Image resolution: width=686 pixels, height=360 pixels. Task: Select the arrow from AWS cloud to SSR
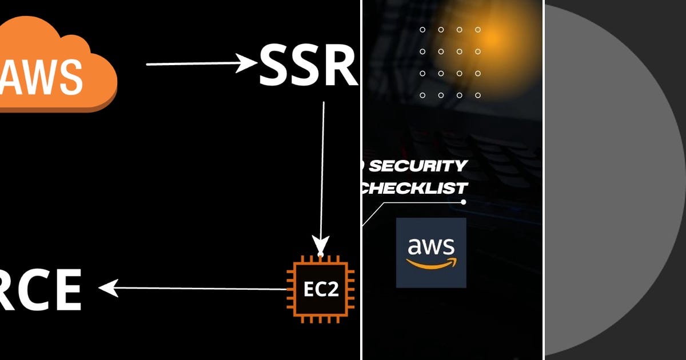[200, 63]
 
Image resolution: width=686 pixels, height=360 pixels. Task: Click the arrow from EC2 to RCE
[194, 288]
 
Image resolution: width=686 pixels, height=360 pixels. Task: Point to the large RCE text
[40, 290]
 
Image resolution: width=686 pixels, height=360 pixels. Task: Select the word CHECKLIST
[414, 187]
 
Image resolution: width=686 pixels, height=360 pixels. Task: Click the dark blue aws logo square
[431, 253]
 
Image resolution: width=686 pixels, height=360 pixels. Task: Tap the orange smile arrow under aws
[432, 263]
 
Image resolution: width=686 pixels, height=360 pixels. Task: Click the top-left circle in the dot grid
[422, 30]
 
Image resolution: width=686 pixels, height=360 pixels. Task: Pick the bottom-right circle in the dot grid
[478, 95]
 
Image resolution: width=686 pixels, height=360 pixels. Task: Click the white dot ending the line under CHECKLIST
[464, 202]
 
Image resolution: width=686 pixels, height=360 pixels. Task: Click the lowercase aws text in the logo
[431, 246]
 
